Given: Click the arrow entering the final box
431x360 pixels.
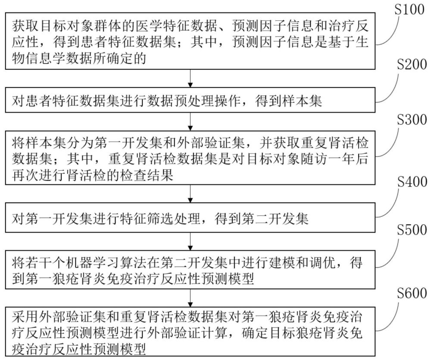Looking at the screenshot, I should pyautogui.click(x=190, y=296).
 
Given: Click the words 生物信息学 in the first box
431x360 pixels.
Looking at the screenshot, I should pyautogui.click(x=41, y=58).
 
